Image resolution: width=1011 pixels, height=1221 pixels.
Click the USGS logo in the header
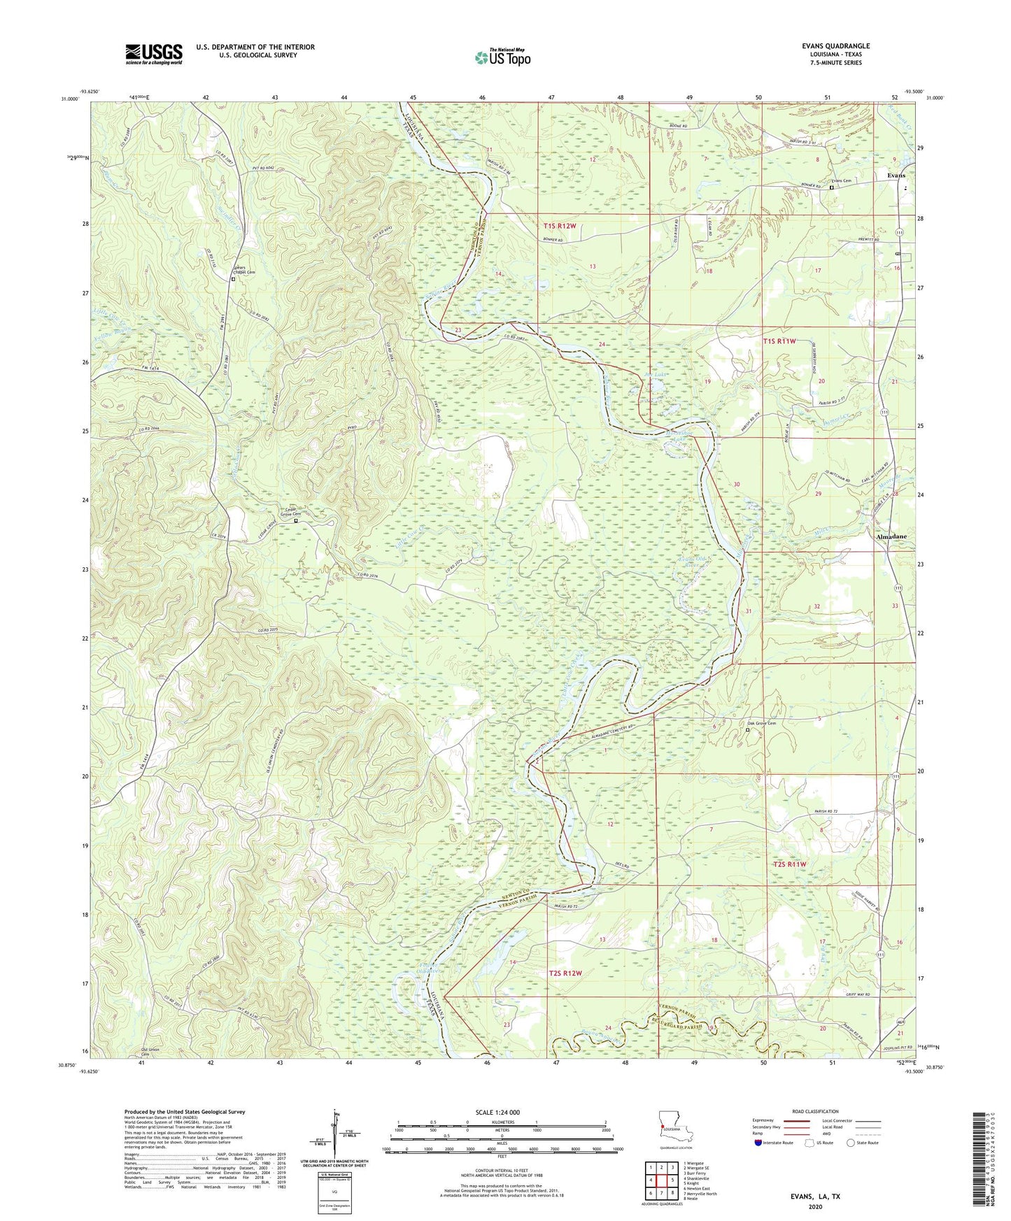coord(154,54)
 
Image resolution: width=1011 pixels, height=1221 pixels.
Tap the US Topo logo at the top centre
coord(502,57)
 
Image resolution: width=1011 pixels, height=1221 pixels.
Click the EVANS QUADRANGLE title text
coord(835,46)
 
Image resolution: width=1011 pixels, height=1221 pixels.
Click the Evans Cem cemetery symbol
coord(832,187)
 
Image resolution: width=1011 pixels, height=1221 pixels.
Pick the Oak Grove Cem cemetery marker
coord(747,730)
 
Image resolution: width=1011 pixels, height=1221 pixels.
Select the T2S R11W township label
coord(790,864)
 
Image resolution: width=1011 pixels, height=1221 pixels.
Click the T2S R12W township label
coord(565,973)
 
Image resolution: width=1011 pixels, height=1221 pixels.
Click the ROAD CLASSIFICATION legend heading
coord(815,1111)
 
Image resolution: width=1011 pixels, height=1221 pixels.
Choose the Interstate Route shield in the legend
coord(758,1143)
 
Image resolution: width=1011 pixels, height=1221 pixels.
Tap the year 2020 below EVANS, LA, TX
coord(815,1206)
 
